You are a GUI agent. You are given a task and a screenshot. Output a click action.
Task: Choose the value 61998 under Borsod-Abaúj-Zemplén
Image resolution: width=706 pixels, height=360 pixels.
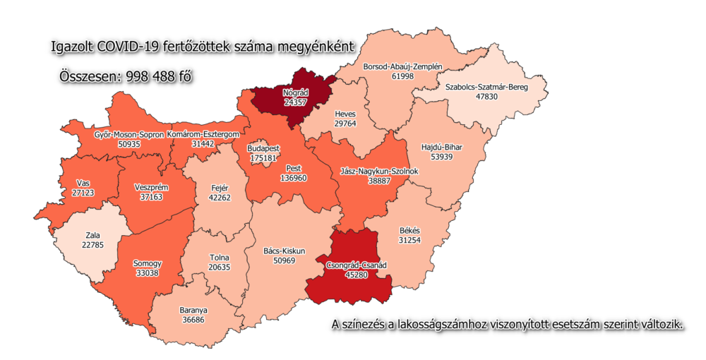(x=402, y=76)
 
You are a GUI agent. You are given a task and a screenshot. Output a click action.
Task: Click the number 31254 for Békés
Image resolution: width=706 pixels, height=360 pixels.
(x=409, y=240)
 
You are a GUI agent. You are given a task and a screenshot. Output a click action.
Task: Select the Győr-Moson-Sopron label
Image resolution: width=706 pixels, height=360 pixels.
(x=128, y=134)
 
